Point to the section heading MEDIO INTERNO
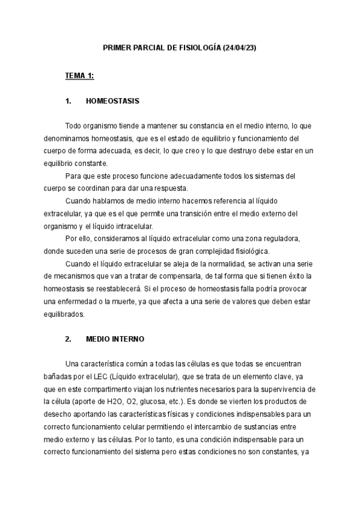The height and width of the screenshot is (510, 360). (x=115, y=339)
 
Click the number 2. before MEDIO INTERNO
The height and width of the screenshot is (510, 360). (x=69, y=339)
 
